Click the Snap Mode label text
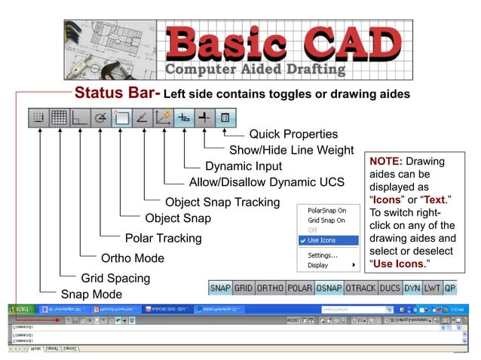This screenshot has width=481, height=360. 90,294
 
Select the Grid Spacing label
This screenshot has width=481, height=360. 115,278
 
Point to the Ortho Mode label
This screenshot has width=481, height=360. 133,258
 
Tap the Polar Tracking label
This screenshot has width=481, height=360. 163,238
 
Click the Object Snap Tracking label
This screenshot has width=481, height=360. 222,202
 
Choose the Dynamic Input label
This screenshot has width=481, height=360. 244,166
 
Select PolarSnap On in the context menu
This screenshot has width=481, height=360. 327,210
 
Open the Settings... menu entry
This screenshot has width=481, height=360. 323,255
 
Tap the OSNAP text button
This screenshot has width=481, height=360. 329,288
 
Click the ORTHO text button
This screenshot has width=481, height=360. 270,288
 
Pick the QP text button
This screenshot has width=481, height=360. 450,288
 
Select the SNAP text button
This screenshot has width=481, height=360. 220,288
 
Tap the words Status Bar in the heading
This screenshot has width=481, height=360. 116,94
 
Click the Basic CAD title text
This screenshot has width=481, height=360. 283,44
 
